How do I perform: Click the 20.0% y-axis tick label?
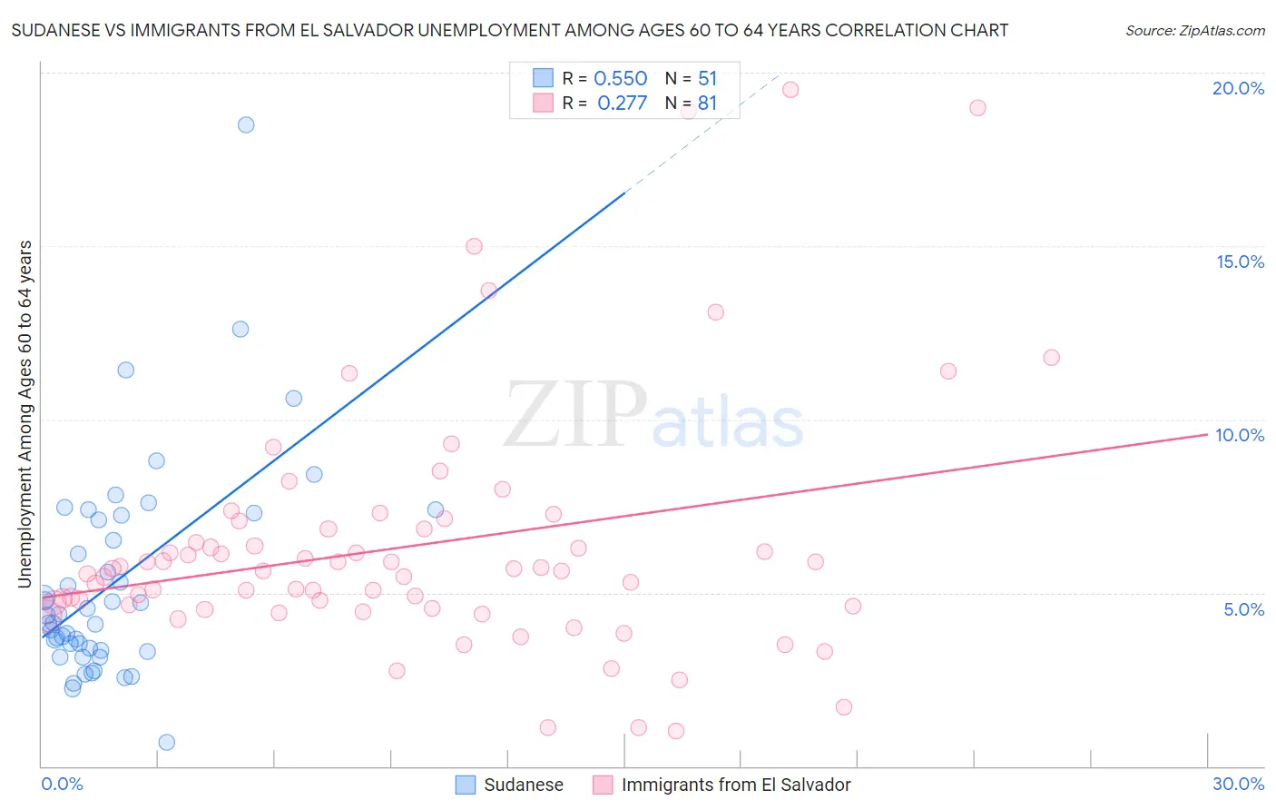click(1238, 88)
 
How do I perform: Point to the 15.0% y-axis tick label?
click(1240, 262)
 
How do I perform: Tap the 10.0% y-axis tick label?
click(1240, 435)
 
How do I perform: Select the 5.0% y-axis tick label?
click(1243, 609)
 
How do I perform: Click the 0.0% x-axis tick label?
click(62, 784)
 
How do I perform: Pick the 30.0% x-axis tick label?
click(1238, 784)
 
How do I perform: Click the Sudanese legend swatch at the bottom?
click(465, 785)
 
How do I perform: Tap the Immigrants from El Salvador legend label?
click(736, 785)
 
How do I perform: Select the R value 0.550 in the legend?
click(620, 79)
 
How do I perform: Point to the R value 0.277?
click(622, 104)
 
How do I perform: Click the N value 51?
click(707, 79)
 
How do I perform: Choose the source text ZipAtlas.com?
click(1194, 30)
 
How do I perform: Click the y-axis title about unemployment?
click(25, 414)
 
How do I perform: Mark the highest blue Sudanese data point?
click(246, 124)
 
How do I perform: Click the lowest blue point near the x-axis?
click(166, 742)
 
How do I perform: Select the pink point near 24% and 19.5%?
click(977, 107)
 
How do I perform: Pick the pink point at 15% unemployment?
click(474, 246)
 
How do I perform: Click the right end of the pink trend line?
click(1207, 434)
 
